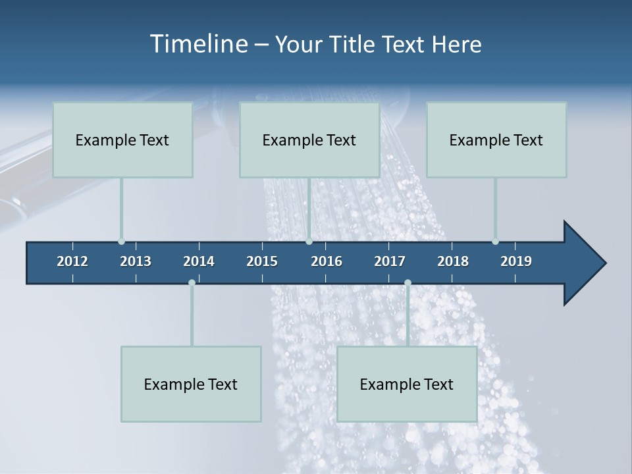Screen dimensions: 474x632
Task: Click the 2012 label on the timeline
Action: (x=72, y=261)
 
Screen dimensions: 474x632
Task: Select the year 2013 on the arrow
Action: (x=136, y=261)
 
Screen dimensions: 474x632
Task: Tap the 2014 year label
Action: (x=199, y=261)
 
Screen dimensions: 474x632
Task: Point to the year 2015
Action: (x=262, y=261)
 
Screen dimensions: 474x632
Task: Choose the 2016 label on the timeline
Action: (x=327, y=261)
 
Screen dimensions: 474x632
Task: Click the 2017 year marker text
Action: (x=390, y=261)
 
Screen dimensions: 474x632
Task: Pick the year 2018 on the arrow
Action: (x=453, y=261)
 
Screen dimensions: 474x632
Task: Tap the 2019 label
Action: (x=516, y=261)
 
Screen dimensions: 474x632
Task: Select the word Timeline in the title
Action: (x=198, y=44)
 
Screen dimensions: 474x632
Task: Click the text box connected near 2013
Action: (x=122, y=140)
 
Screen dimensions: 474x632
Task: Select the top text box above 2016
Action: (x=309, y=140)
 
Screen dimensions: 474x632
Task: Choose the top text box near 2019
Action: (x=496, y=140)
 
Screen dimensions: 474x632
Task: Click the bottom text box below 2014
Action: (x=191, y=384)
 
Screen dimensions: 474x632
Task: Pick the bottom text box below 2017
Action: (x=407, y=384)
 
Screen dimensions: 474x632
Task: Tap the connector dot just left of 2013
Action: (x=121, y=242)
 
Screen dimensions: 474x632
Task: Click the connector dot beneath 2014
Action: (x=192, y=282)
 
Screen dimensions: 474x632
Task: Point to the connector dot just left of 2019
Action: (x=495, y=242)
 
